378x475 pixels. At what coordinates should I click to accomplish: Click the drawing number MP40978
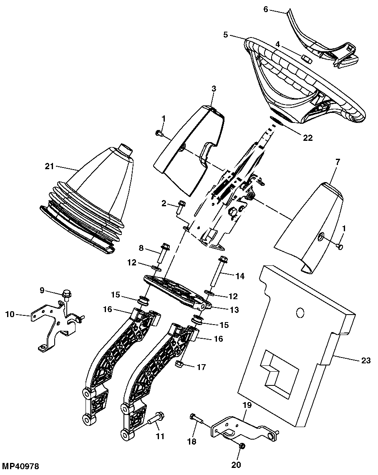click(x=20, y=466)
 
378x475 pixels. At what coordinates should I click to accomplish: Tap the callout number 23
click(x=366, y=360)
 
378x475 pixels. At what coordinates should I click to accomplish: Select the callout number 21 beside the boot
click(x=50, y=166)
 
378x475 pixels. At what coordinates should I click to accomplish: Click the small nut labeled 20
click(x=242, y=446)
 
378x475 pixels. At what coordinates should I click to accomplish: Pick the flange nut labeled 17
click(x=179, y=363)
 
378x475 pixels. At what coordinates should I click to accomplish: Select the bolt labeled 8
click(x=164, y=254)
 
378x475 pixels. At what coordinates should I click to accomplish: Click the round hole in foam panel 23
click(x=300, y=312)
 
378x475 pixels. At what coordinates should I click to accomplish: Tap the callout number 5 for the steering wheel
click(x=225, y=34)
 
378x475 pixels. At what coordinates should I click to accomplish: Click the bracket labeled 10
click(x=56, y=326)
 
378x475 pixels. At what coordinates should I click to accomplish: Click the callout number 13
click(x=234, y=310)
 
